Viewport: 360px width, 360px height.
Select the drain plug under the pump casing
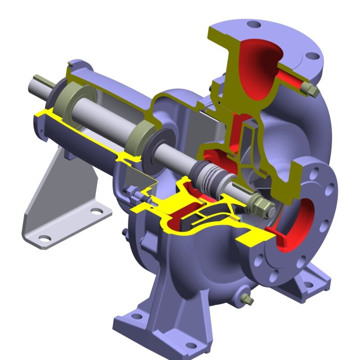click(x=247, y=299)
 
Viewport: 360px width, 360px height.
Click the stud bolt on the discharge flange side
click(x=311, y=90)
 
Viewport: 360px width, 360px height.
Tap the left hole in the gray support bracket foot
click(x=45, y=237)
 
